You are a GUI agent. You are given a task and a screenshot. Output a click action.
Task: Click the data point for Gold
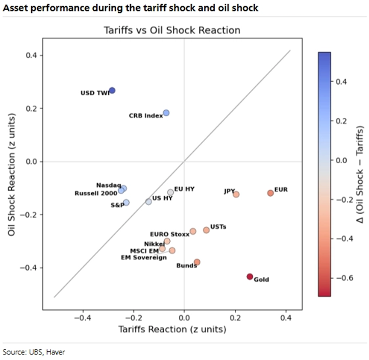[x=250, y=276]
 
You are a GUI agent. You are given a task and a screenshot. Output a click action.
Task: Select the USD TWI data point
[x=112, y=90]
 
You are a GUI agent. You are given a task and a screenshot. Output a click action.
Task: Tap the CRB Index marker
[x=166, y=113]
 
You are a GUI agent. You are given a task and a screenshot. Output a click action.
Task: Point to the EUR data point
[x=271, y=193]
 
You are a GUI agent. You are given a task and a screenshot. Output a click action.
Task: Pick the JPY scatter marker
[x=236, y=194]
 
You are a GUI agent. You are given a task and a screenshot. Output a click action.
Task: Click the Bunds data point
[x=197, y=262]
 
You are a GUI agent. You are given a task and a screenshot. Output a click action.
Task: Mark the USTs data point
[x=206, y=230]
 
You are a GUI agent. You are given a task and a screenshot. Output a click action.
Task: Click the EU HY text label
[x=184, y=189]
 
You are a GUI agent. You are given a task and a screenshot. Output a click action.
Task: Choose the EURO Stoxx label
[x=169, y=234]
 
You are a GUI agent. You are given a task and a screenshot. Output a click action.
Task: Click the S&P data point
[x=126, y=202]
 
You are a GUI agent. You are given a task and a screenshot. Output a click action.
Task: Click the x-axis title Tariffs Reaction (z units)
[x=172, y=329]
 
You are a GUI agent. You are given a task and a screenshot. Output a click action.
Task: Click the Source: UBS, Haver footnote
[x=34, y=352]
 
